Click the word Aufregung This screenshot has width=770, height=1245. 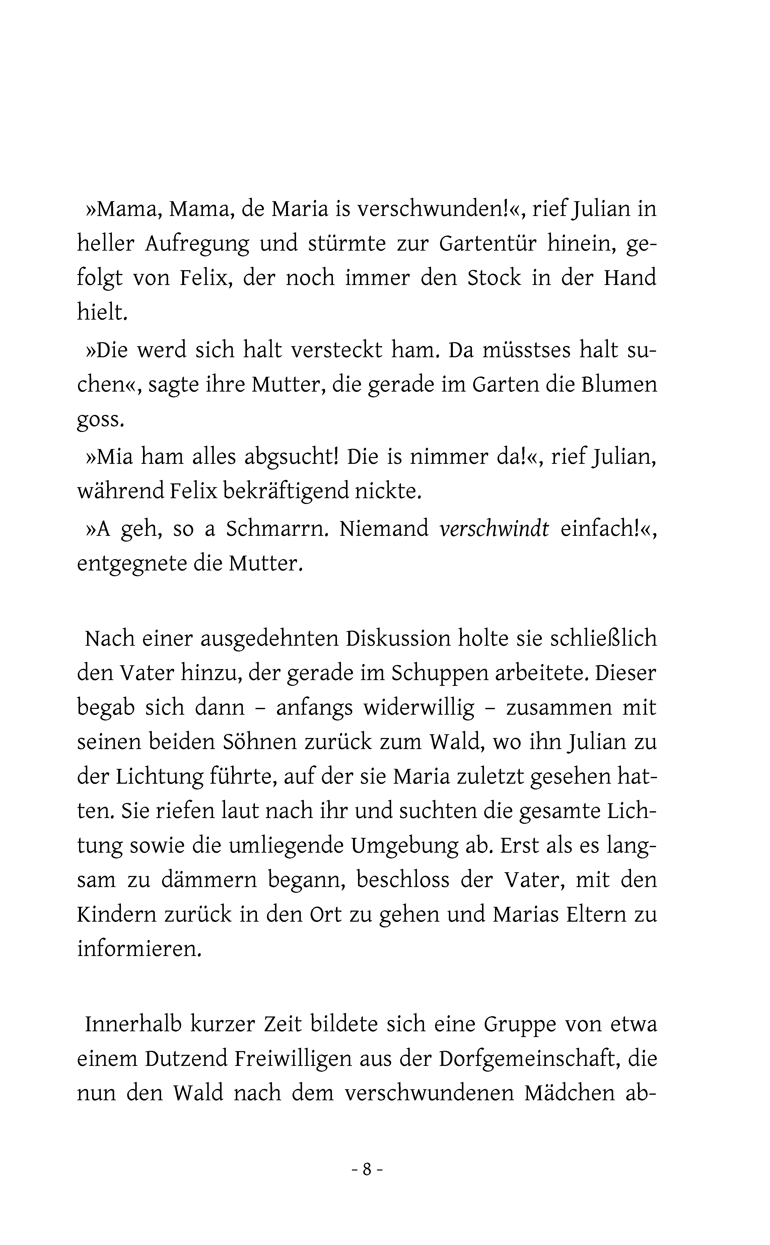[197, 244]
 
